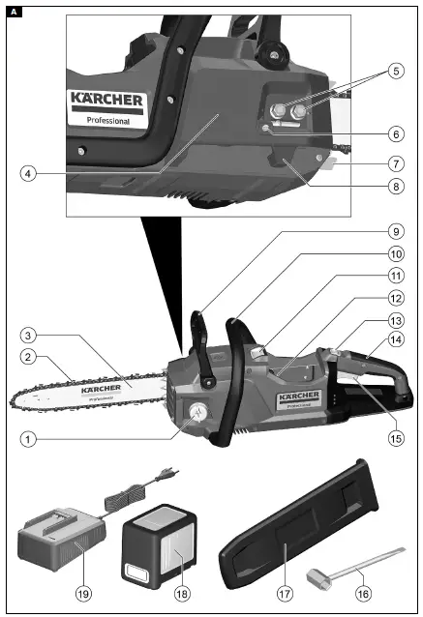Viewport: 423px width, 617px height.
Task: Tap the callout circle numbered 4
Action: click(x=30, y=174)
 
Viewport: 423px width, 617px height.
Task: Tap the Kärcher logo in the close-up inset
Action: click(x=106, y=100)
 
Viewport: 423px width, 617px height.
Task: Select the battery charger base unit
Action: click(x=60, y=544)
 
